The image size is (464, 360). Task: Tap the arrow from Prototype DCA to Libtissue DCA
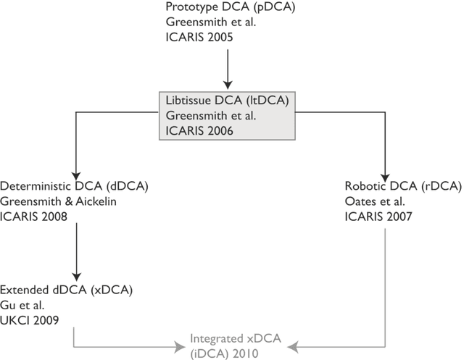click(x=228, y=70)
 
